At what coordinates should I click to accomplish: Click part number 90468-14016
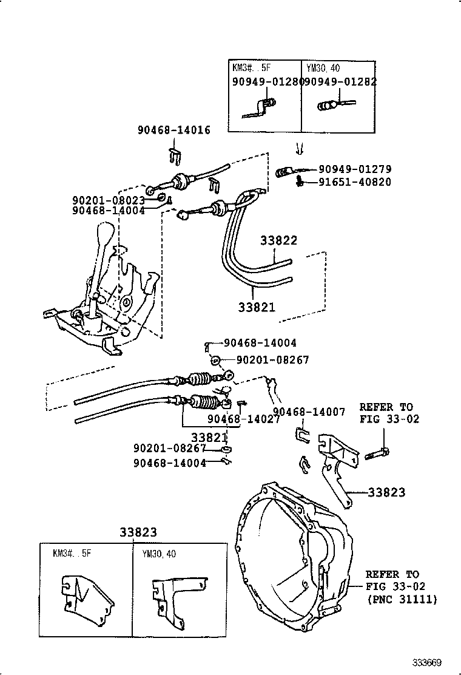tap(174, 130)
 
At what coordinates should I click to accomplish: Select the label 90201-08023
tap(108, 200)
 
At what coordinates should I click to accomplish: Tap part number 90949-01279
tap(355, 169)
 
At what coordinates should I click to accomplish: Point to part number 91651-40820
tap(355, 181)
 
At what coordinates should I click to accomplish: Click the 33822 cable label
tap(279, 240)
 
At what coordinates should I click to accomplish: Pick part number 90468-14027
tap(238, 418)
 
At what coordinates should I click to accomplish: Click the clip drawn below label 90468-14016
tap(174, 156)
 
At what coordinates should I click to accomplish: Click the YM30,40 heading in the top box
tap(323, 68)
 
